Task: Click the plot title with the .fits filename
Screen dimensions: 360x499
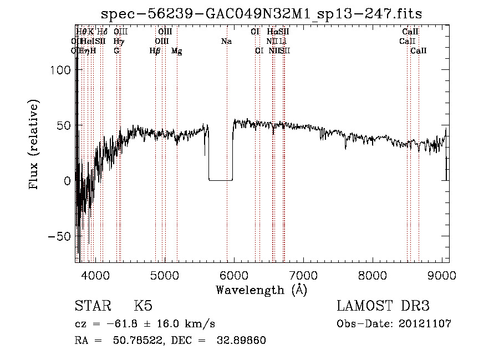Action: click(266, 14)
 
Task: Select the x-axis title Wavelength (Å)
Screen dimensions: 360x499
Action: click(261, 290)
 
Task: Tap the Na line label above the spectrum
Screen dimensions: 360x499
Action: click(226, 42)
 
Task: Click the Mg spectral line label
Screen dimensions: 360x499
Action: click(177, 51)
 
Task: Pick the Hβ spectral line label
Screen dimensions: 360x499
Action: click(155, 51)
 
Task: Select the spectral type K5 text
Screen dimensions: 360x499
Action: click(143, 306)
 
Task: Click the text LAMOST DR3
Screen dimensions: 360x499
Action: click(383, 306)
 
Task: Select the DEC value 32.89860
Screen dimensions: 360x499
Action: click(242, 341)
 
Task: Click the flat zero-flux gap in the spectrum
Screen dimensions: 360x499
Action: click(220, 180)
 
